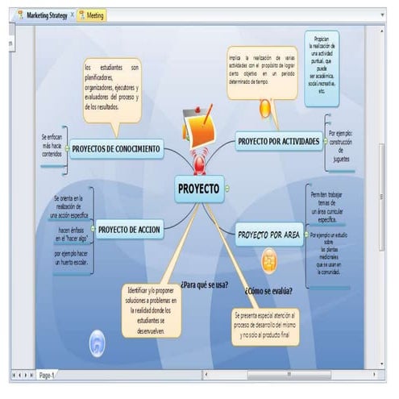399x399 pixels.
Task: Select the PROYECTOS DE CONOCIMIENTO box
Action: coord(116,148)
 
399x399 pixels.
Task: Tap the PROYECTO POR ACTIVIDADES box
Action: coord(279,142)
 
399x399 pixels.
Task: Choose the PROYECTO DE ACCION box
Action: coord(130,230)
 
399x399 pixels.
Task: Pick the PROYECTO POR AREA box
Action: coord(269,235)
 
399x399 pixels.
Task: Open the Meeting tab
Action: coord(94,15)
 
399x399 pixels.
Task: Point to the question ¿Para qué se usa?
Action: coord(204,284)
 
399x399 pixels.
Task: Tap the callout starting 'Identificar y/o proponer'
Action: coord(152,308)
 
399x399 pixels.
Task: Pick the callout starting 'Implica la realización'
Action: coord(262,72)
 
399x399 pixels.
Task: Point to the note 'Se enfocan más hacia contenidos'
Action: coord(52,145)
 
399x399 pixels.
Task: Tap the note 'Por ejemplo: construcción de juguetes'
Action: coord(339,143)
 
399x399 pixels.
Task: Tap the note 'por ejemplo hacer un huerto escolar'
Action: coord(70,258)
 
